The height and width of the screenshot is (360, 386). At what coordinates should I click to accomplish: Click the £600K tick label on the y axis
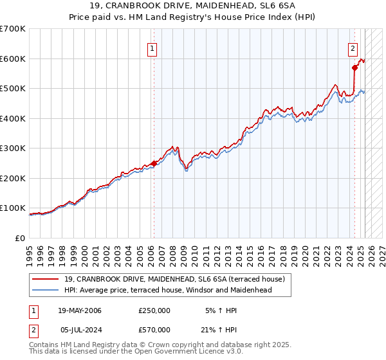pos(13,59)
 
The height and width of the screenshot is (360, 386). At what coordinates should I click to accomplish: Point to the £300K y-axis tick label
pos(13,148)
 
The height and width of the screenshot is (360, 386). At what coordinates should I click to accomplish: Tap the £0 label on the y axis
pos(21,238)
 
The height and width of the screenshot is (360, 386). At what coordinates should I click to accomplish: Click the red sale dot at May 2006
pos(154,163)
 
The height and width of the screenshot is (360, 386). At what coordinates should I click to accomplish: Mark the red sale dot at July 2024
pos(354,67)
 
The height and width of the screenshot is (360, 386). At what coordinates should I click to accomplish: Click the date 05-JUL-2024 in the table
pos(80,329)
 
